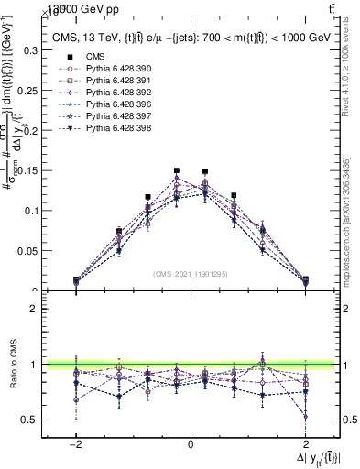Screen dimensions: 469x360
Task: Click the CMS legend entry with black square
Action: [x=84, y=56]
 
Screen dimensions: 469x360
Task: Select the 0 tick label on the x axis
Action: [x=190, y=443]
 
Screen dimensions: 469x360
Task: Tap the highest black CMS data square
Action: [x=177, y=170]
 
